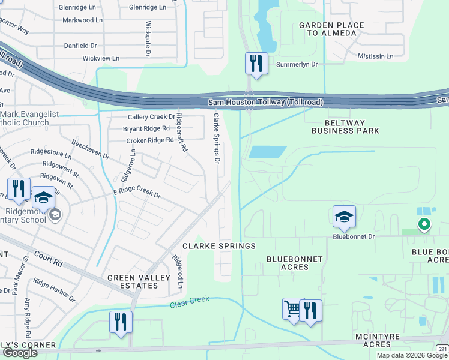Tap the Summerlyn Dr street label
tap(296, 64)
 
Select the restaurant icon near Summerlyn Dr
tap(256, 63)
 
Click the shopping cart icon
tap(293, 310)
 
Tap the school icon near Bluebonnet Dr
tap(344, 217)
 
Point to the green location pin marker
tap(424, 225)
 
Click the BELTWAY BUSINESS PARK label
tap(345, 126)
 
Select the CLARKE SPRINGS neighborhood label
tap(219, 246)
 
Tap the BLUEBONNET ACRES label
tap(295, 263)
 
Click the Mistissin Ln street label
tap(375, 56)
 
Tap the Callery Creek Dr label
tap(151, 117)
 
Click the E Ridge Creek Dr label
tap(137, 192)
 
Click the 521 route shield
tap(442, 349)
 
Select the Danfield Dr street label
tap(81, 46)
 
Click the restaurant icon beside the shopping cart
tap(310, 311)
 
